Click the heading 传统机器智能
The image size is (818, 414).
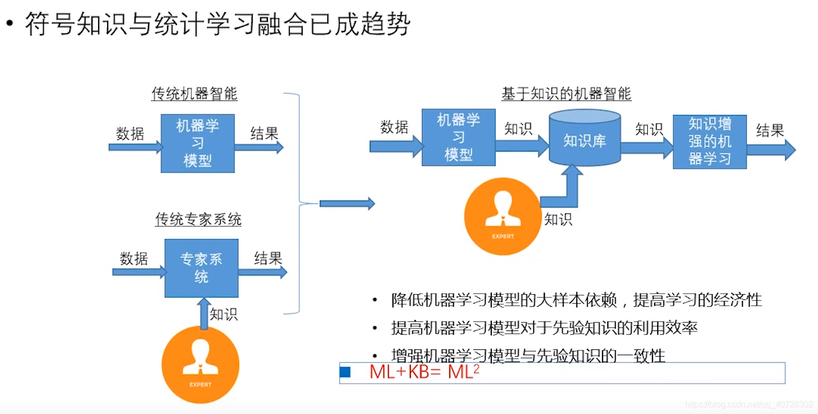[194, 94]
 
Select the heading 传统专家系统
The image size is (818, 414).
[198, 219]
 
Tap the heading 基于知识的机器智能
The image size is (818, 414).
[566, 94]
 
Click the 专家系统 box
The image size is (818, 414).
[201, 268]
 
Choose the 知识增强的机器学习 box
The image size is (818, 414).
[709, 141]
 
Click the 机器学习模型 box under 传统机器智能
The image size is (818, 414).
[198, 143]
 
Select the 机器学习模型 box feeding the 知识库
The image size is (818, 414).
[458, 137]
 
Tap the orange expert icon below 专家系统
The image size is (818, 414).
[200, 364]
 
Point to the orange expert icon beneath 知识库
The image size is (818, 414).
[503, 216]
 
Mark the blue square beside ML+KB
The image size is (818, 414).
[345, 372]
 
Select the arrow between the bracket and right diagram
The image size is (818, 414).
[347, 203]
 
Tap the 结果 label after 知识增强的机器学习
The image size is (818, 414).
[770, 130]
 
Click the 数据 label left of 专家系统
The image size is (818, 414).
[133, 258]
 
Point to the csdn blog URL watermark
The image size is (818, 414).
[749, 405]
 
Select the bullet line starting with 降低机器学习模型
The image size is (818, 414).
[576, 300]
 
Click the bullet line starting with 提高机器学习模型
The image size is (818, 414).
[544, 328]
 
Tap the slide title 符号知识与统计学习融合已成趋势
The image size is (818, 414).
[217, 25]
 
